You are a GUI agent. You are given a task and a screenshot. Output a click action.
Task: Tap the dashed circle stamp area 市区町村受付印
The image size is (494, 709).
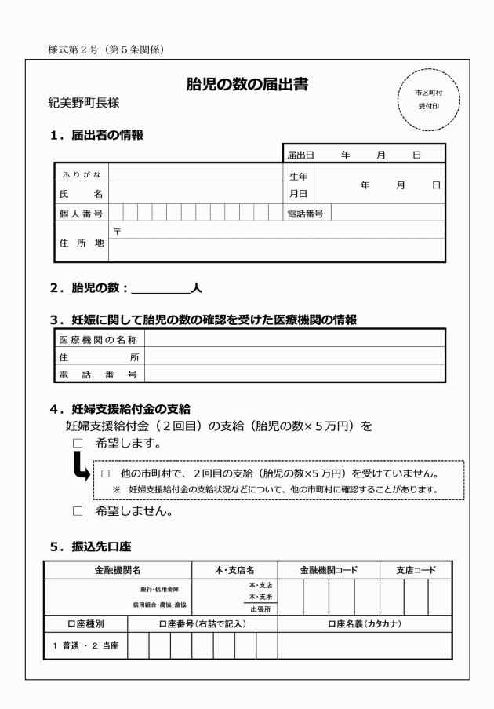pos(429,97)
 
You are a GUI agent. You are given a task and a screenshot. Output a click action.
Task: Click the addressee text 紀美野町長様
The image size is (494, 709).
pos(83,103)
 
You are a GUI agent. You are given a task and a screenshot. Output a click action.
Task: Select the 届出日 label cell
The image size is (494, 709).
pos(300,154)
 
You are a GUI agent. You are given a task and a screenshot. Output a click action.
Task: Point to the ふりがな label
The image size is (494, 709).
pos(82,174)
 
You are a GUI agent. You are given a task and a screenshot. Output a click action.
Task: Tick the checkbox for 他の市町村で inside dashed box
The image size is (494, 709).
pos(105,474)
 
